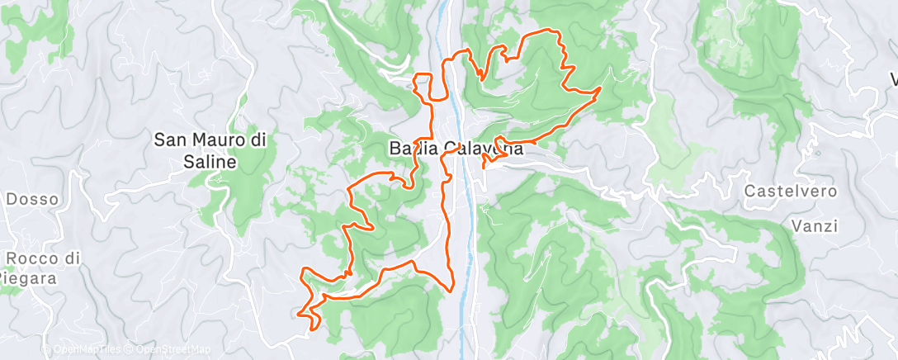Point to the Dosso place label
click(x=32, y=199)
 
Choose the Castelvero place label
click(x=792, y=192)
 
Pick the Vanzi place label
click(x=814, y=225)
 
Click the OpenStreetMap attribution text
click(x=175, y=350)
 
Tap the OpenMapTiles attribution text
click(x=87, y=350)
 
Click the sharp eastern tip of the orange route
click(x=600, y=87)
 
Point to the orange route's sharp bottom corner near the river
click(x=450, y=289)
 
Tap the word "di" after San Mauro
click(x=258, y=140)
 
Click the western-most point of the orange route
click(x=298, y=313)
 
